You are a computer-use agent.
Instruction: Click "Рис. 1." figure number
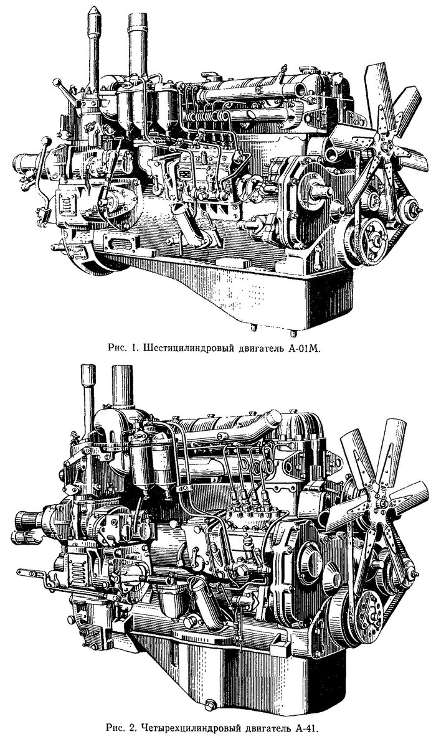click(123, 349)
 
